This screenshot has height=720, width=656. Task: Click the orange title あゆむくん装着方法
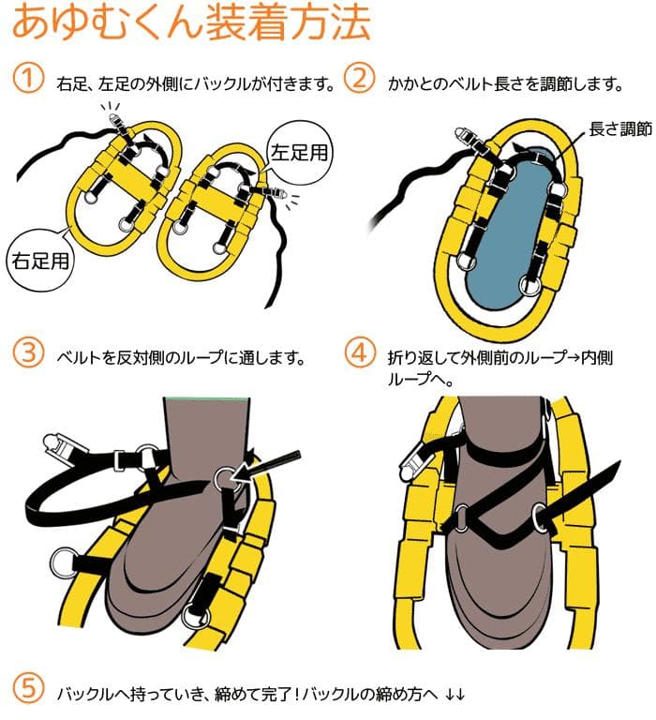(x=191, y=22)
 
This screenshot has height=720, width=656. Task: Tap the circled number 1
(x=28, y=78)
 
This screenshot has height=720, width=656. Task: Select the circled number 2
(x=360, y=78)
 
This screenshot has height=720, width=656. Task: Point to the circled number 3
(x=28, y=352)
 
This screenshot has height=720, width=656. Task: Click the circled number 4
(x=360, y=352)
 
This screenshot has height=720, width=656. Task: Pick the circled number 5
(x=28, y=689)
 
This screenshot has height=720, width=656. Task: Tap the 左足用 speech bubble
(x=299, y=152)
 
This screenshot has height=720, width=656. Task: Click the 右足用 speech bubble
(x=40, y=261)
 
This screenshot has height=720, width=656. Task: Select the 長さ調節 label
(x=620, y=129)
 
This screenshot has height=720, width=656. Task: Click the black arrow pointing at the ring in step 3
(x=265, y=468)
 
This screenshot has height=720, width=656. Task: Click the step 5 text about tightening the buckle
(x=261, y=694)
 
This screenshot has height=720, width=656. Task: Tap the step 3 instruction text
(x=181, y=358)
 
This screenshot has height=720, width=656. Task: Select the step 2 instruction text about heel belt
(x=505, y=84)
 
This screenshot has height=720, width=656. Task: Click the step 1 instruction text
(x=196, y=84)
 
